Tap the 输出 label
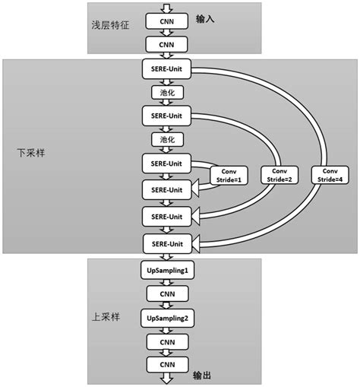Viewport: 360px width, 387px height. [x=203, y=376]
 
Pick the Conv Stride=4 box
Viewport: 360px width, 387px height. [x=329, y=175]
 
